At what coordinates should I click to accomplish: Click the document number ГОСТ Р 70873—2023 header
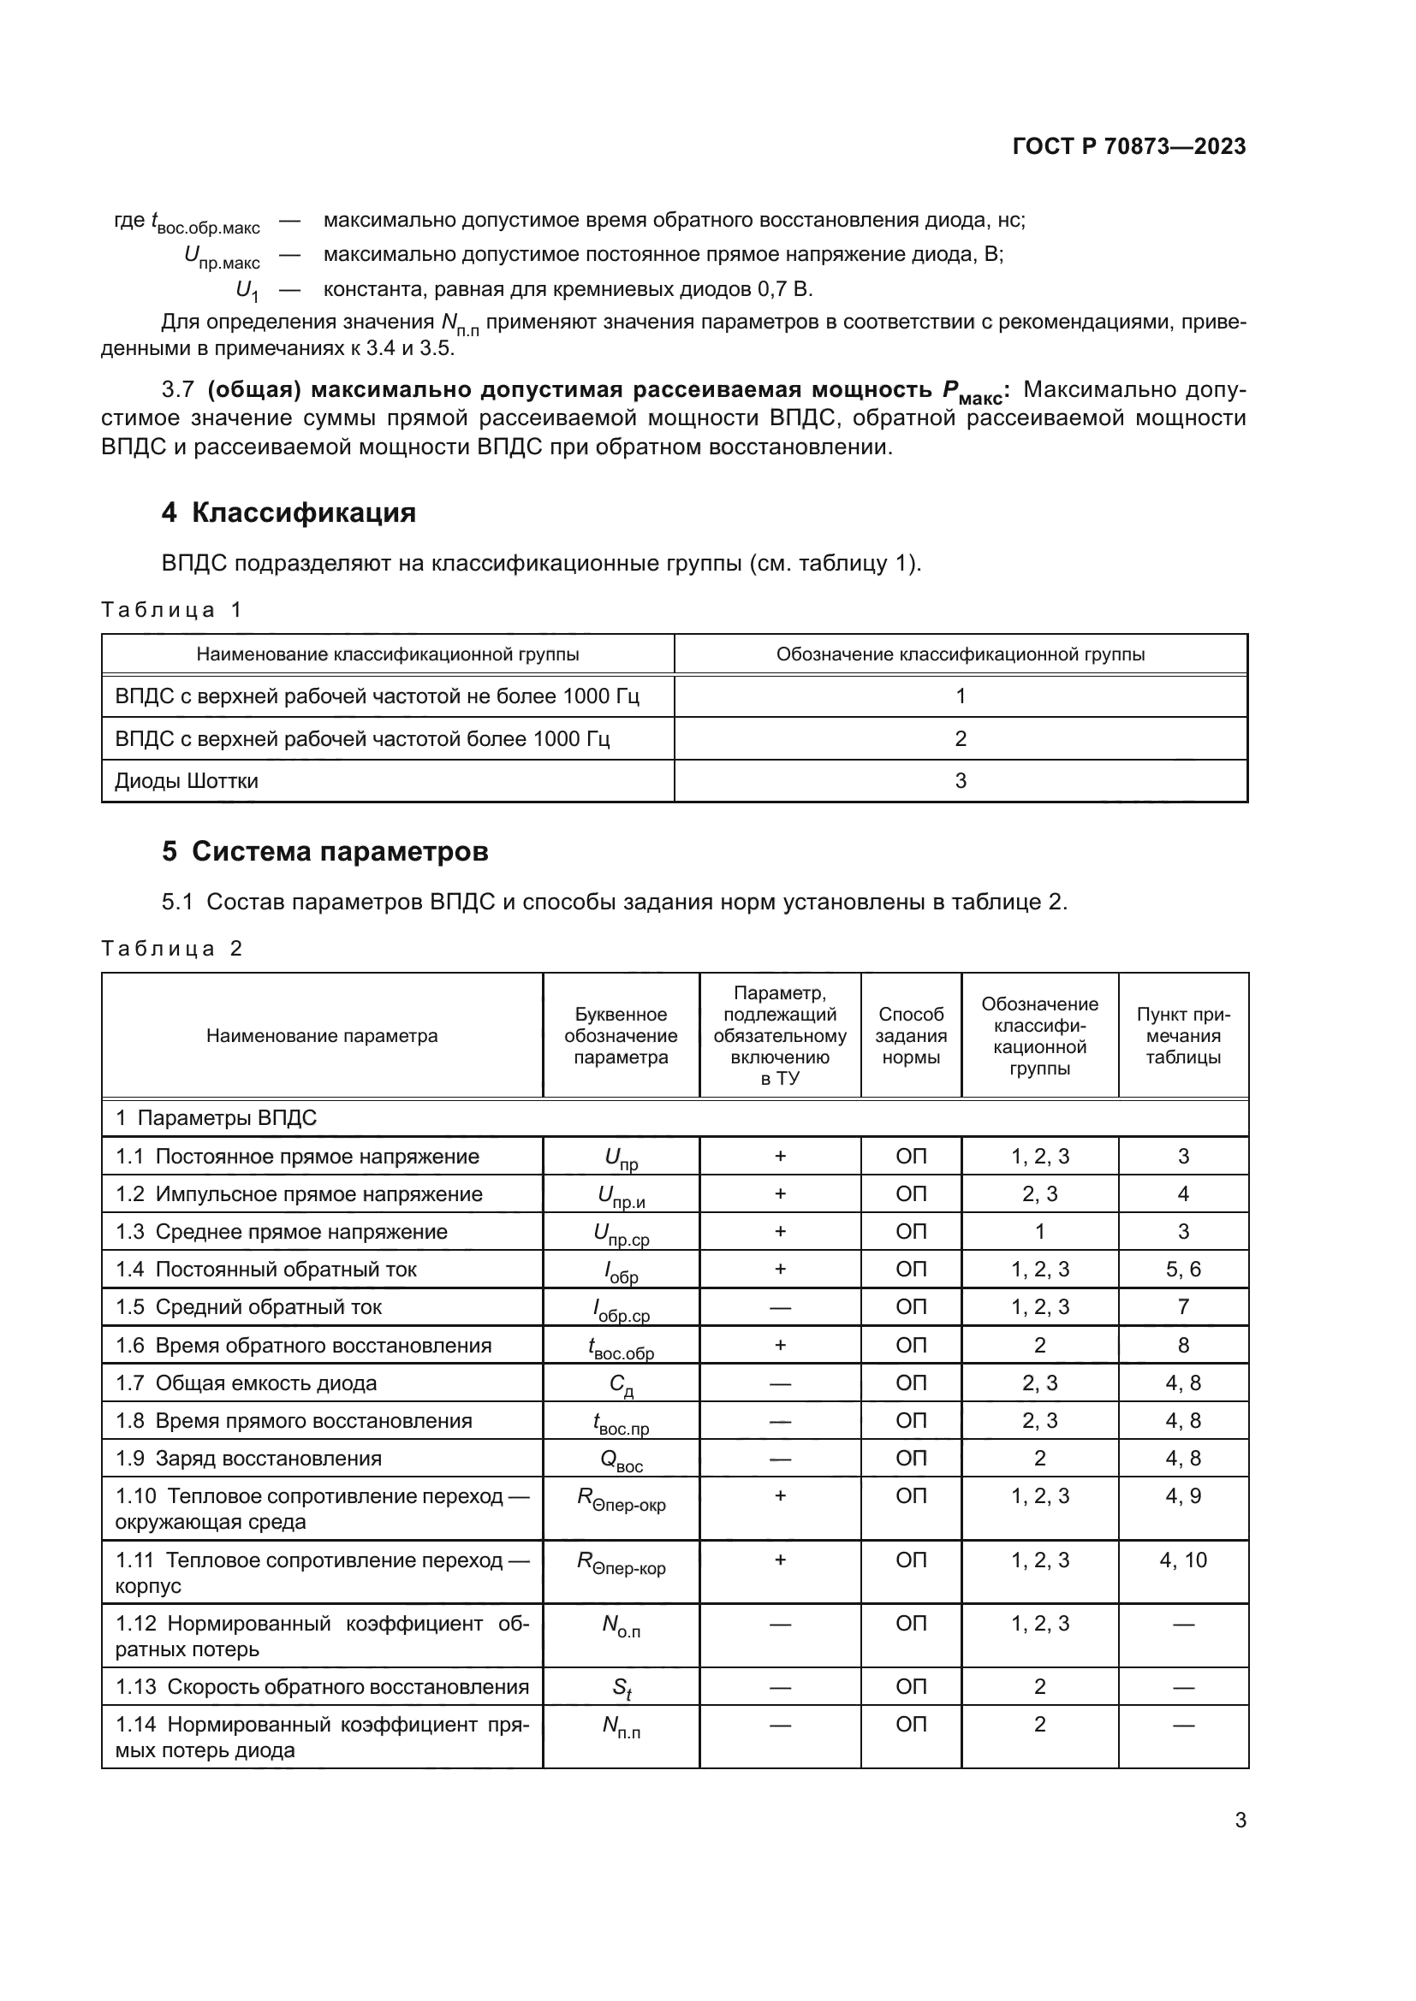click(x=1128, y=146)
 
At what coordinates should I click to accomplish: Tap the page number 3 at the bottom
click(x=1240, y=1820)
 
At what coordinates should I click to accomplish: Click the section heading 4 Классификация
click(x=288, y=512)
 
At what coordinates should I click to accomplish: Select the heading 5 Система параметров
click(x=324, y=851)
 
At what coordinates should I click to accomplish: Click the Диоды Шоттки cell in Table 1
click(x=187, y=781)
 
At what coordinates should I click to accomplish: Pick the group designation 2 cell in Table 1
click(x=960, y=739)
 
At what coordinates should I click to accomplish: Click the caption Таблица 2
click(x=171, y=948)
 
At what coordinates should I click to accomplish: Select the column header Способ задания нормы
click(x=910, y=1035)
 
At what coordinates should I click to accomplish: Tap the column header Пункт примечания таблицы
click(x=1182, y=1035)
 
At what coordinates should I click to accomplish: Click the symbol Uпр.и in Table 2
click(x=621, y=1197)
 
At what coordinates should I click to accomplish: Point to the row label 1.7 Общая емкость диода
click(x=246, y=1383)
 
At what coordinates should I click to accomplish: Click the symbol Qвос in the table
click(x=621, y=1460)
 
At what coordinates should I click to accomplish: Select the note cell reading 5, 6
click(x=1182, y=1270)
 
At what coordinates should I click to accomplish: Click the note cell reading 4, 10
click(x=1182, y=1560)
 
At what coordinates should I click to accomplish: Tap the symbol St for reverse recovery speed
click(x=621, y=1688)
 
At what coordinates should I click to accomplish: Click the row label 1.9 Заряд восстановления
click(x=248, y=1459)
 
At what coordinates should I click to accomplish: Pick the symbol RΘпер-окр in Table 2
click(x=621, y=1500)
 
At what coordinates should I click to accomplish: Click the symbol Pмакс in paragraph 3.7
click(x=973, y=391)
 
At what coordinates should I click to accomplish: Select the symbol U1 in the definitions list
click(x=247, y=290)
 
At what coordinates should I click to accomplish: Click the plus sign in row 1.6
click(x=780, y=1345)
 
